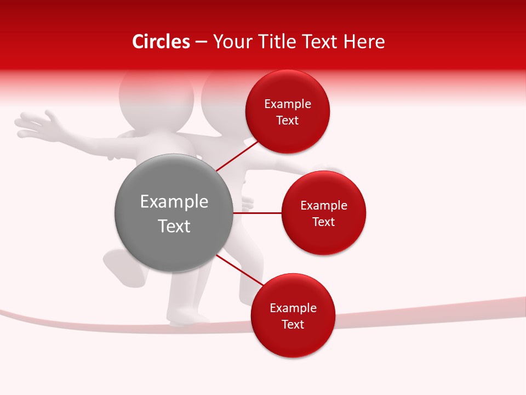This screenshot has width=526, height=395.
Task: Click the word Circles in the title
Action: [161, 42]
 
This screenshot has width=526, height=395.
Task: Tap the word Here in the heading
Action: [364, 42]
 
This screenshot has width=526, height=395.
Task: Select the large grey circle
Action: [174, 213]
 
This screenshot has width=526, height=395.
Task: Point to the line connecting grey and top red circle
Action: [237, 155]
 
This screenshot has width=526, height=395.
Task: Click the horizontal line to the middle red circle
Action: [258, 213]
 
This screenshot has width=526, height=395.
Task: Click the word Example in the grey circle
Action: [174, 202]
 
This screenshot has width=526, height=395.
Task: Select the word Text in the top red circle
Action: [287, 121]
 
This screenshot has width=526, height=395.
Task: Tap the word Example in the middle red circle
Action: [323, 206]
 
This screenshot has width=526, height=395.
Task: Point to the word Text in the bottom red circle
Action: [293, 325]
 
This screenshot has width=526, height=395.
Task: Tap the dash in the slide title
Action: [201, 42]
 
